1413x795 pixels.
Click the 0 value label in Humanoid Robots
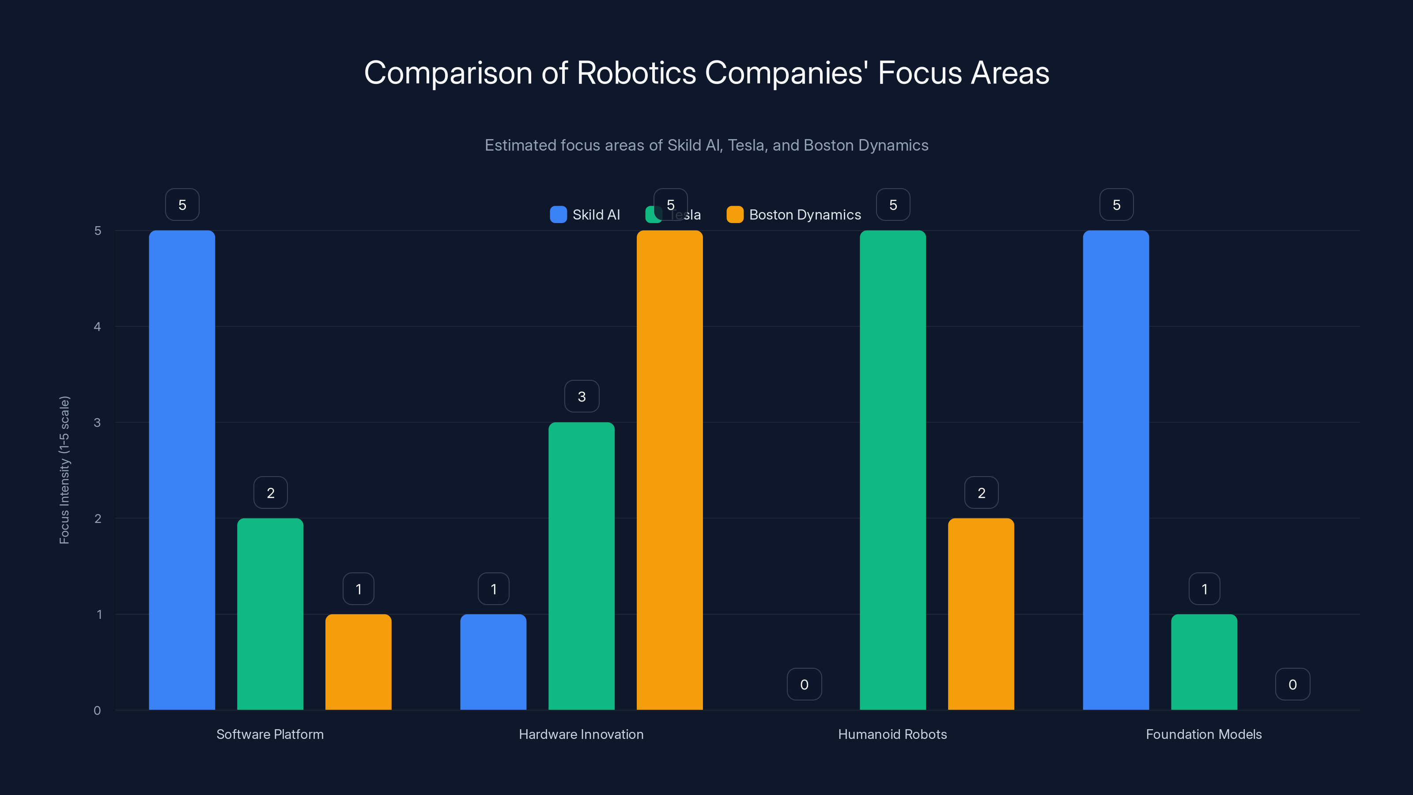(804, 684)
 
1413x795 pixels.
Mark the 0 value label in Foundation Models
(1292, 684)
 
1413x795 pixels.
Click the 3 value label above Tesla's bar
(582, 396)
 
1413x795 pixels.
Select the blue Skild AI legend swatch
(559, 215)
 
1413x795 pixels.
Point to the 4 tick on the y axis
(97, 326)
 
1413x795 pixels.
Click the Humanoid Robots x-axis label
(892, 734)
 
